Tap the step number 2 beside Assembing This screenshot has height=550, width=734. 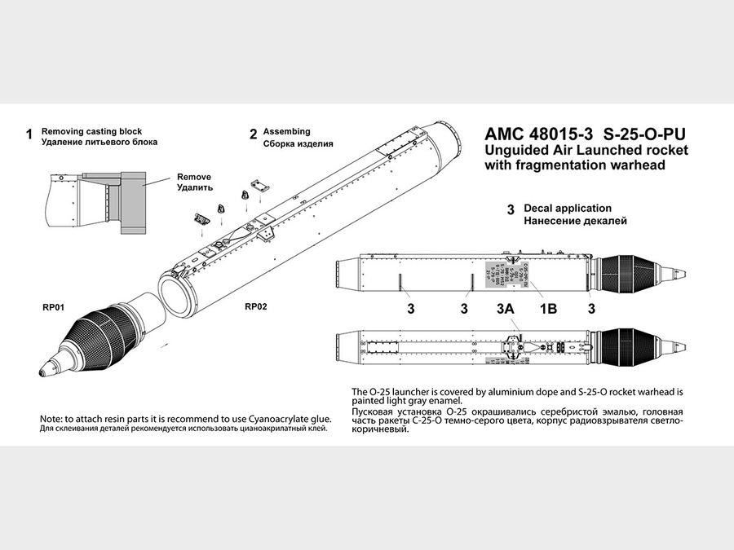point(254,134)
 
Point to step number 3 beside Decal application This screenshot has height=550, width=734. point(511,210)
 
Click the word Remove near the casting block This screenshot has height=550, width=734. point(194,177)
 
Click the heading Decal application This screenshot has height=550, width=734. point(567,208)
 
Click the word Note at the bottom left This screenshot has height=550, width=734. point(53,418)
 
